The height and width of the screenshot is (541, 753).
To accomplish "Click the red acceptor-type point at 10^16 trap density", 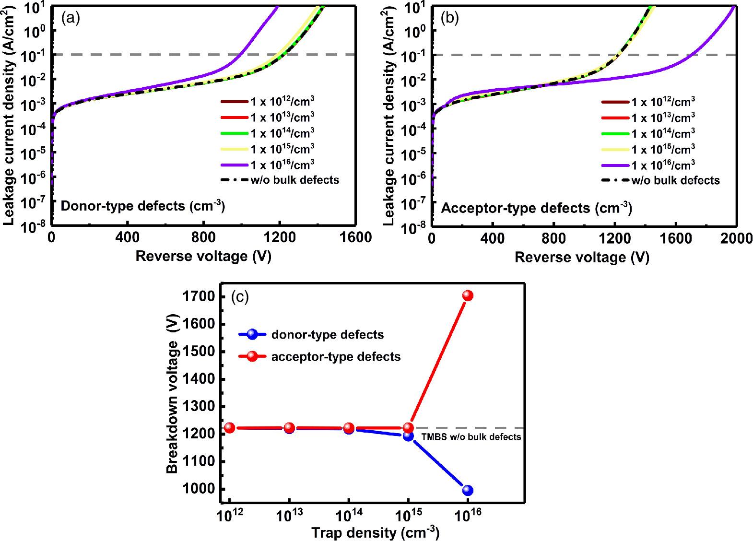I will point(468,295).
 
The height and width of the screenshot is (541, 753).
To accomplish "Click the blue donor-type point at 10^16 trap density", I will point(468,490).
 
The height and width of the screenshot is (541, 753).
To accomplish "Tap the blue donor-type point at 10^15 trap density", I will point(408,436).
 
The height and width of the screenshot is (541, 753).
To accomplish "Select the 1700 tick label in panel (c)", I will point(199,296).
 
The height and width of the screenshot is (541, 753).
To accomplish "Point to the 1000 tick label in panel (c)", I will point(199,489).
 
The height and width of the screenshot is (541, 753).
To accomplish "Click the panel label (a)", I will point(71,18).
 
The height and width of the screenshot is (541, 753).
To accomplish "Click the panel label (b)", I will point(449,18).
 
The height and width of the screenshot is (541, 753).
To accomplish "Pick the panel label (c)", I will point(240,297).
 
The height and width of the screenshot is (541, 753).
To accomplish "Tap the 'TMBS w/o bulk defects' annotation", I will point(471,437).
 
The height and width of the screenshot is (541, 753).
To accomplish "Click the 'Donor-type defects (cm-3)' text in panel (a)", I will point(142,206).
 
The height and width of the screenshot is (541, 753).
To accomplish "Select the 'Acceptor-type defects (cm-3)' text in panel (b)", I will point(536,208).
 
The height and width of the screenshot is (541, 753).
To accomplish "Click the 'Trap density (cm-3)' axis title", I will point(375,532).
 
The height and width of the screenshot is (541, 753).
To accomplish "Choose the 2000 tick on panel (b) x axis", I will point(736,238).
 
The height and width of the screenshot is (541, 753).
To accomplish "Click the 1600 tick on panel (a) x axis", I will point(355,237).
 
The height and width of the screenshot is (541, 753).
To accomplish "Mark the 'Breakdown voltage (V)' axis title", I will point(172,393).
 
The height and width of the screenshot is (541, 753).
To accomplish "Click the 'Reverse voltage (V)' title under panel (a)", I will point(203,256).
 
